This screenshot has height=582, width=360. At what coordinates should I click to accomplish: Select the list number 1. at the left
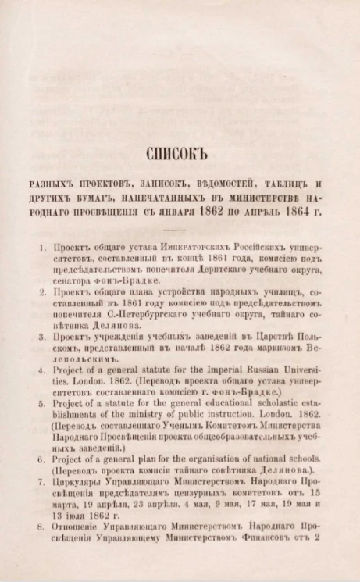[44, 248]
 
